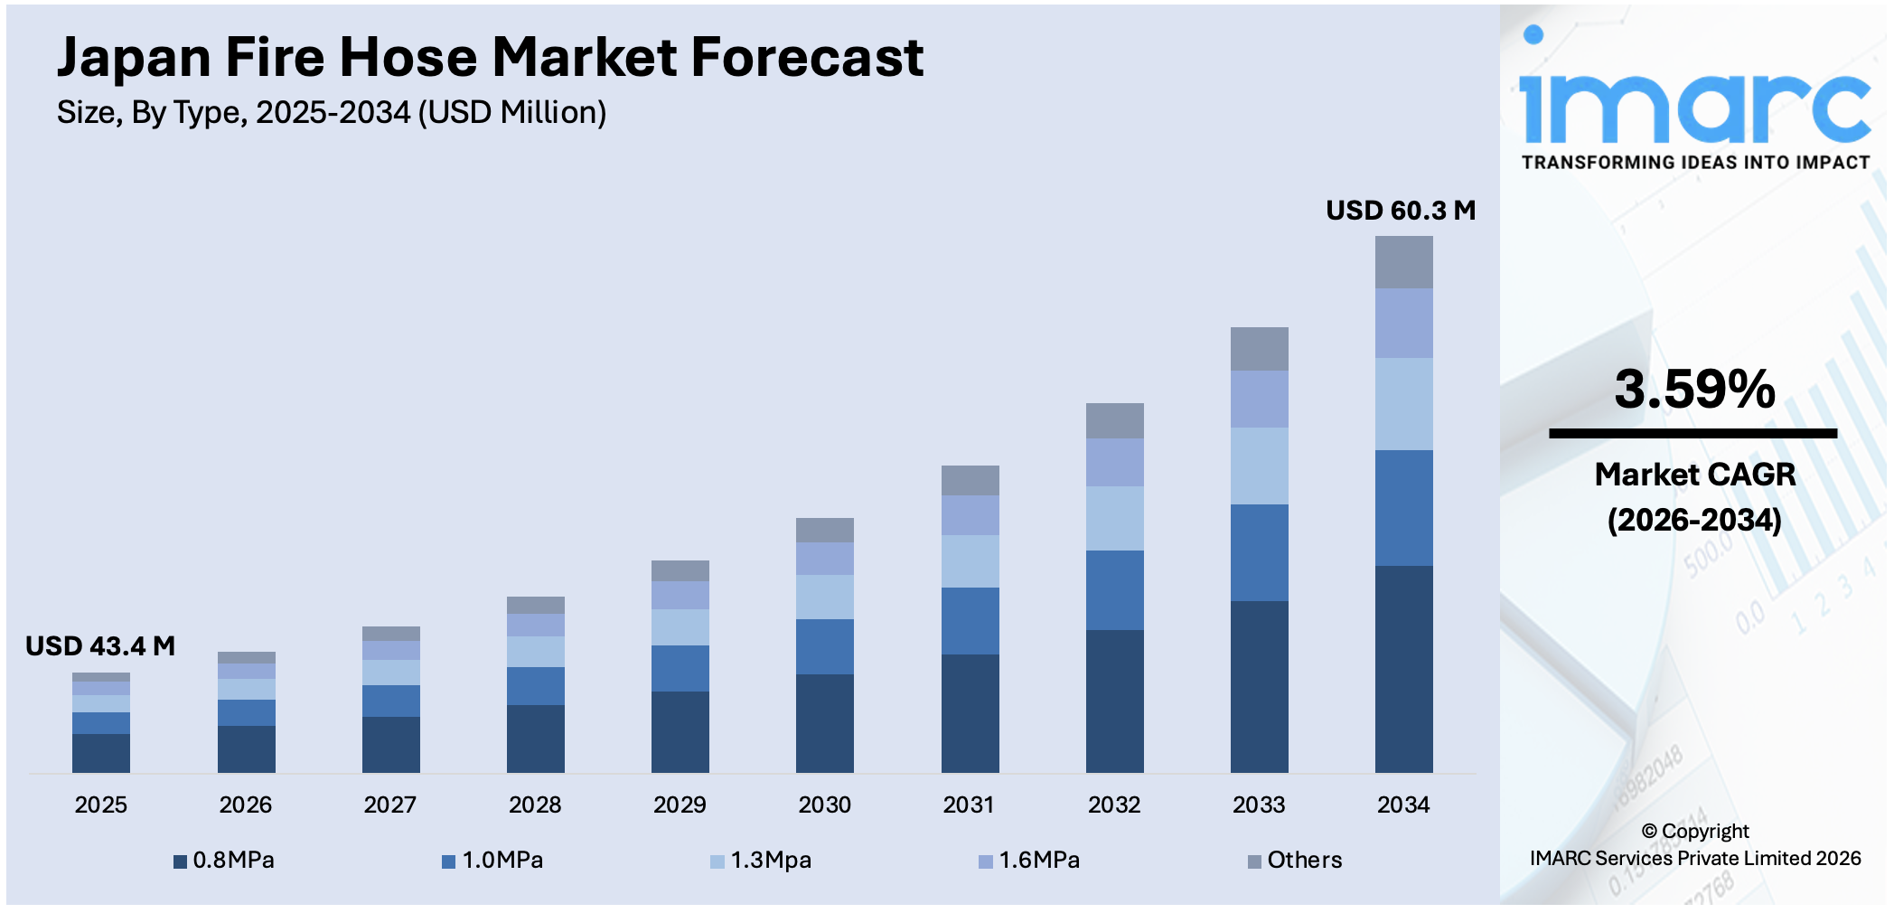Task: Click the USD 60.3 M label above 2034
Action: [1400, 211]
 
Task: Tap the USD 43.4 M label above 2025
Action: [100, 646]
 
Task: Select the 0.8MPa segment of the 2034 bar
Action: [1403, 669]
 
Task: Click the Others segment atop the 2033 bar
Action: [1259, 349]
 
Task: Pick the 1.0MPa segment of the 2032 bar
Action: [1114, 589]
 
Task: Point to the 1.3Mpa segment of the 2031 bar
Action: [970, 560]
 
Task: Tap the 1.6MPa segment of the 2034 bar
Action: [1403, 323]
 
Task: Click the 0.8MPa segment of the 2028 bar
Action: [535, 738]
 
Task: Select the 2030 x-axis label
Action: [824, 805]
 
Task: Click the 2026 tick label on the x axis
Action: [245, 805]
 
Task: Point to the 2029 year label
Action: [680, 805]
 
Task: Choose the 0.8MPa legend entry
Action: [224, 861]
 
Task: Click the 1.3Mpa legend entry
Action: [762, 861]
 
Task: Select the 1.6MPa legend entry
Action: [1030, 861]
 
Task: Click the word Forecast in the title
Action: [807, 58]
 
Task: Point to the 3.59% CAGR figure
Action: [1694, 390]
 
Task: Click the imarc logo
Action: [1694, 104]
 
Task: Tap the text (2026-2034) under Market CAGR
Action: [1694, 520]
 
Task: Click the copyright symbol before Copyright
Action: [1649, 832]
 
